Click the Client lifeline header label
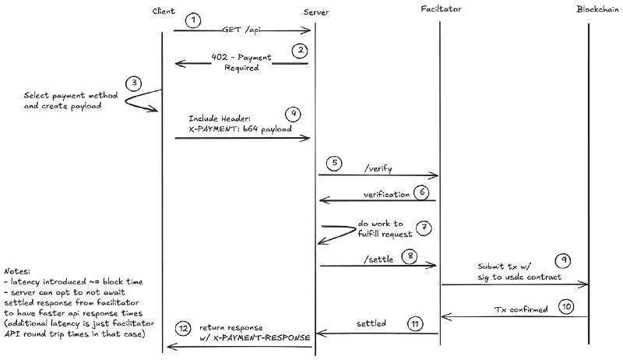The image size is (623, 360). pyautogui.click(x=164, y=10)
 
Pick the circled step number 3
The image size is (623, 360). pyautogui.click(x=135, y=83)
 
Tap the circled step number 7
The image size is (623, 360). pyautogui.click(x=424, y=228)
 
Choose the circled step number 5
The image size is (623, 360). pyautogui.click(x=334, y=164)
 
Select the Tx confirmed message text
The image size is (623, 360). pyautogui.click(x=521, y=309)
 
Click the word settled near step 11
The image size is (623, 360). pyautogui.click(x=372, y=323)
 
